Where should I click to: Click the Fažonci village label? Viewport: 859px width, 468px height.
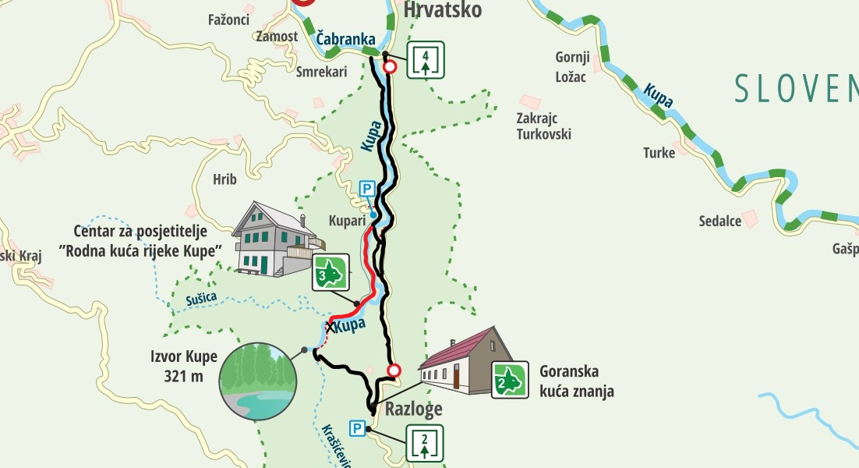coord(230,19)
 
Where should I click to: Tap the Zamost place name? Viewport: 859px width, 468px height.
coord(277,37)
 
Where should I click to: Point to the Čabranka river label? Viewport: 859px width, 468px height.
coord(346,39)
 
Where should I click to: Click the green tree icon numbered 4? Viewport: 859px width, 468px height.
coord(425,59)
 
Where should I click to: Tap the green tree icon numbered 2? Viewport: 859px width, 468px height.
coord(425,444)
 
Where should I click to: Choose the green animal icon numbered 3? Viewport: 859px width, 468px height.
coord(331,271)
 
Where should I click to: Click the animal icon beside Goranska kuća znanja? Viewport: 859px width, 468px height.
coord(510,380)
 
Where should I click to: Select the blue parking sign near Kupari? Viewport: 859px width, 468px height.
coord(366,189)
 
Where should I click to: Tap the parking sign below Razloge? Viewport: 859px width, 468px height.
coord(357,428)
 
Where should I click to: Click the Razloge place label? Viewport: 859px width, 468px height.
coord(413,409)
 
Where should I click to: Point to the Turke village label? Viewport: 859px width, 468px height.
coord(659,153)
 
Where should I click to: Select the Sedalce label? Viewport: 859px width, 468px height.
coord(719,221)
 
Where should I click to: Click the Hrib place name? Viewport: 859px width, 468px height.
coord(224,179)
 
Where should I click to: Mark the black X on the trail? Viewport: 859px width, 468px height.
coord(330,327)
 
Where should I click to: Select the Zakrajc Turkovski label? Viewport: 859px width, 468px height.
coord(543,126)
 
